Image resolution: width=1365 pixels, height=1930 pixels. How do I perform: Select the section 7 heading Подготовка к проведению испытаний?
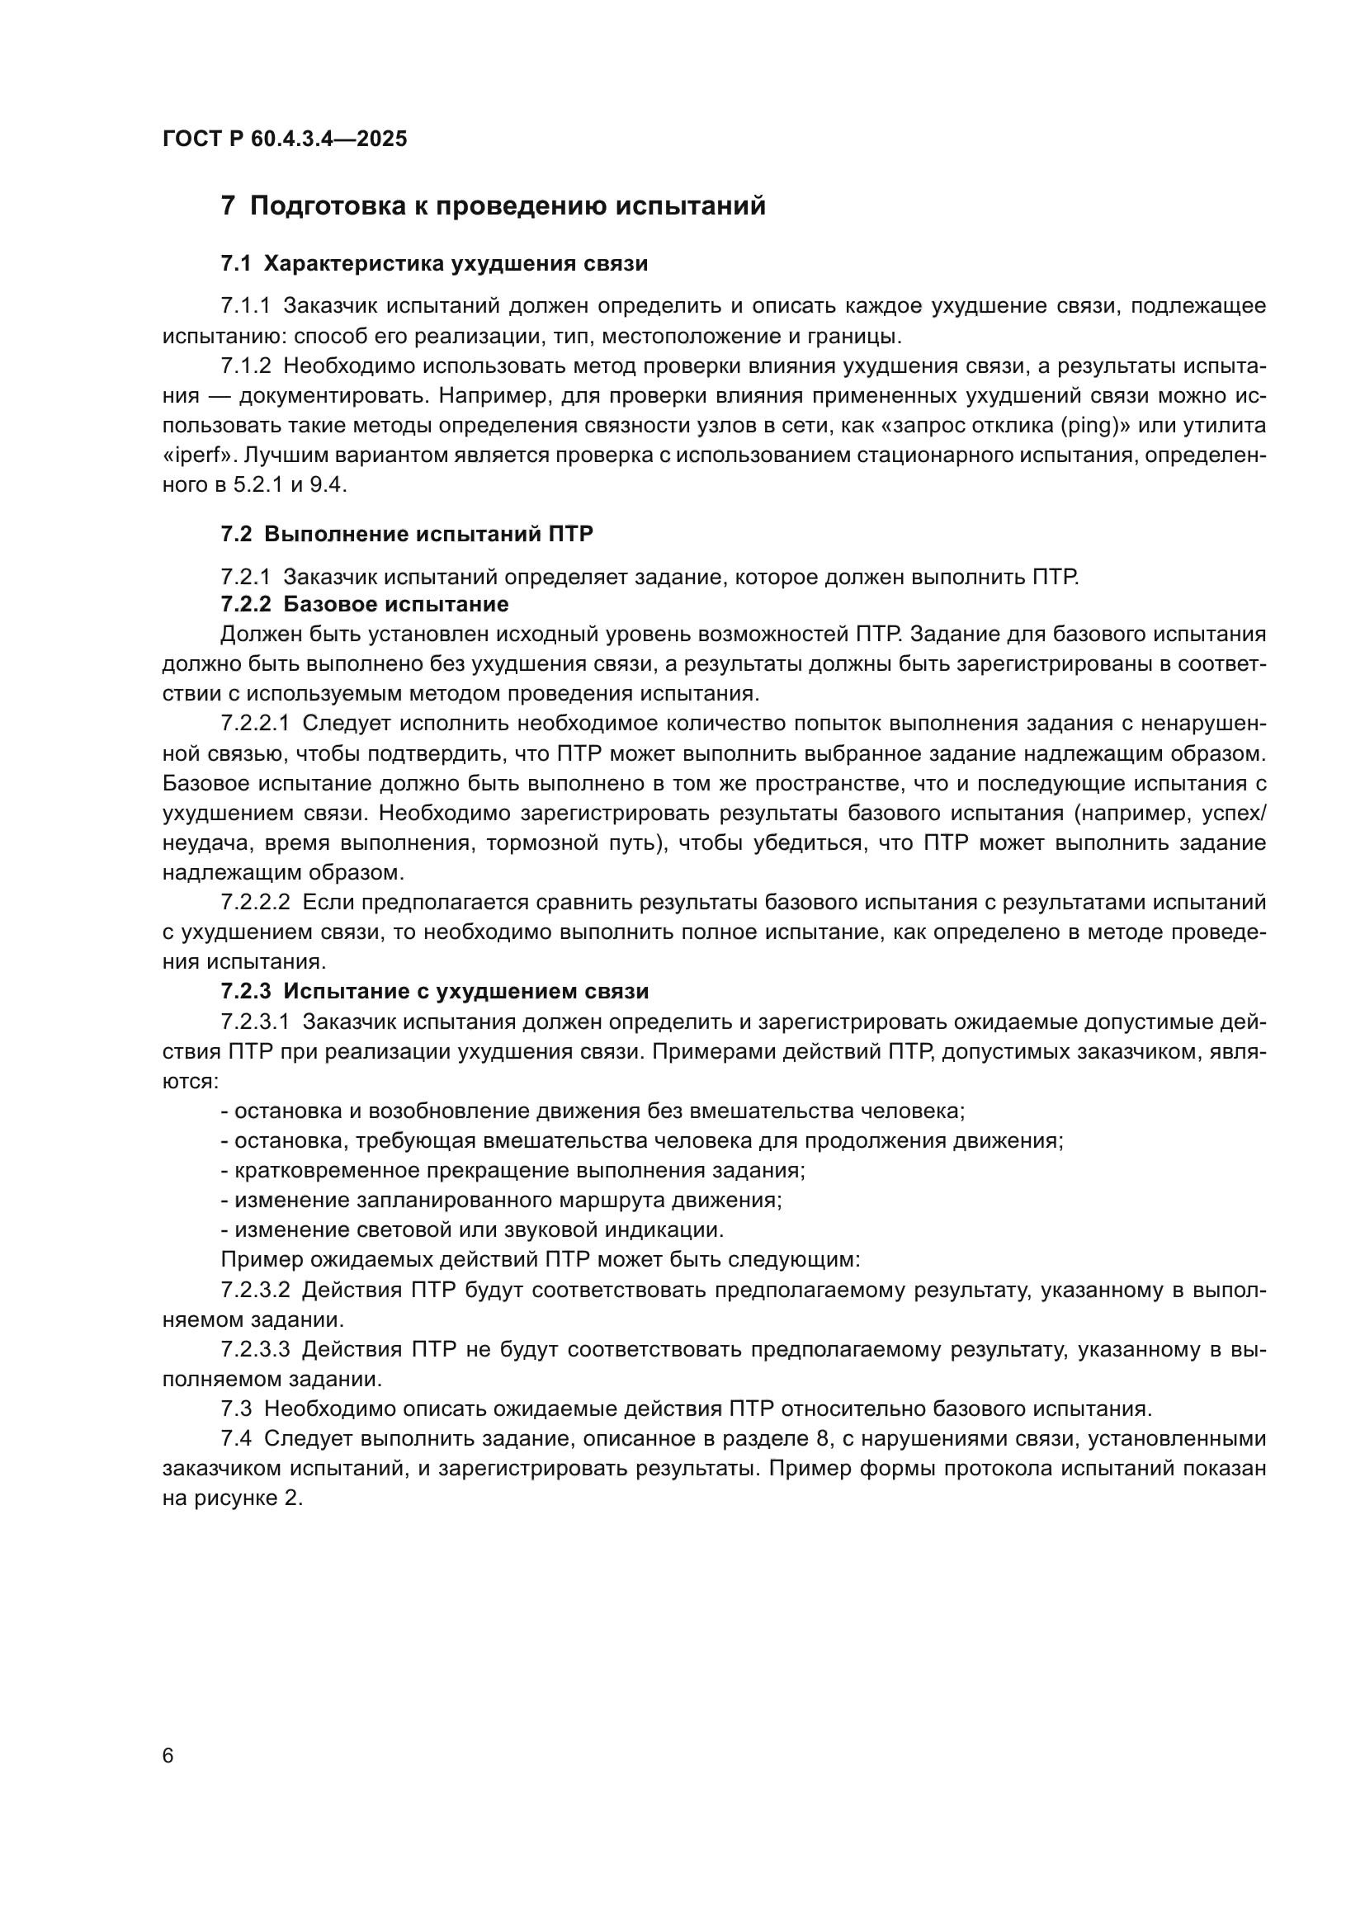(493, 206)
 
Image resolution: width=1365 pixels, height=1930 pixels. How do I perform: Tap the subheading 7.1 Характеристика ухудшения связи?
(434, 264)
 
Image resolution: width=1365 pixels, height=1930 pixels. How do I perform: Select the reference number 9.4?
(328, 485)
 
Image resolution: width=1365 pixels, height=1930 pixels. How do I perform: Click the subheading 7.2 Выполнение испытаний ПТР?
(407, 535)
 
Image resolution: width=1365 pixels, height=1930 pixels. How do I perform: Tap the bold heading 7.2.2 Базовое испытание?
(364, 604)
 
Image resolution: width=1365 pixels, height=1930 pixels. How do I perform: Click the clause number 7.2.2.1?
(255, 724)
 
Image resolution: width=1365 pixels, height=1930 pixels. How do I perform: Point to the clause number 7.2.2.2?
(255, 903)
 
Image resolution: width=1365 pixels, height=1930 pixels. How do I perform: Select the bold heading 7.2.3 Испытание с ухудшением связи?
(435, 992)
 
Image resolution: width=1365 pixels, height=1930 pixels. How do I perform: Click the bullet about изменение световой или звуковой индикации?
(471, 1230)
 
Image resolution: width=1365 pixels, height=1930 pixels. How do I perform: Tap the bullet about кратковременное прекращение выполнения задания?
(512, 1171)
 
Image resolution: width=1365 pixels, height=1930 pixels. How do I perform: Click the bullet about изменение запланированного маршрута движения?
(501, 1201)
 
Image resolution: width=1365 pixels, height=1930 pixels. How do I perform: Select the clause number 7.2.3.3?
(255, 1350)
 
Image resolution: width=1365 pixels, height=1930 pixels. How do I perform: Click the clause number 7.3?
(236, 1409)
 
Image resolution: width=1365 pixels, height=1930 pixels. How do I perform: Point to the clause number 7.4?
(236, 1439)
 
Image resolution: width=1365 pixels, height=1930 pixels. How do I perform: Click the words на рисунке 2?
(231, 1498)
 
